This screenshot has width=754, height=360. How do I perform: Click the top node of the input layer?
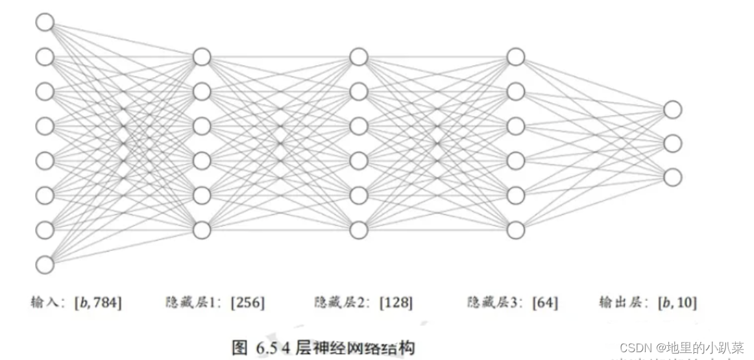click(44, 23)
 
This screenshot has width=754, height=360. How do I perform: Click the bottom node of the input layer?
click(44, 265)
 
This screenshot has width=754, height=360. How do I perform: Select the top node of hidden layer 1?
click(202, 57)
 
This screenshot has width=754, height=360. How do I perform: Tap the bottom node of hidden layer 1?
click(202, 230)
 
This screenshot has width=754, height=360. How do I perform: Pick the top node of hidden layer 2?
click(359, 57)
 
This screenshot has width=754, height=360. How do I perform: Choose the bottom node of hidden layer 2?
click(359, 230)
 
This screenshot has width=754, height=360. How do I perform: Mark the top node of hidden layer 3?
click(516, 57)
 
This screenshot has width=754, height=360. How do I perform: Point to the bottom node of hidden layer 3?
click(516, 230)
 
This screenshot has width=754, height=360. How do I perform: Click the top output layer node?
click(672, 110)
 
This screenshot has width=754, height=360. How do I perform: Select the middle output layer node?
click(672, 143)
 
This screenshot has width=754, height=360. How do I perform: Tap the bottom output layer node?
click(672, 176)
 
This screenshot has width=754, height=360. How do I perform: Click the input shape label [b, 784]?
click(98, 302)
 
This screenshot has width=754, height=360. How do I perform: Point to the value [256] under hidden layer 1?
click(248, 302)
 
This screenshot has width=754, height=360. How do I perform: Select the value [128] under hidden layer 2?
click(396, 302)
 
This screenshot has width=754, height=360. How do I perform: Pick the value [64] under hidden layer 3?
click(544, 302)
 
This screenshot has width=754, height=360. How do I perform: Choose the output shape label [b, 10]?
click(677, 302)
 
